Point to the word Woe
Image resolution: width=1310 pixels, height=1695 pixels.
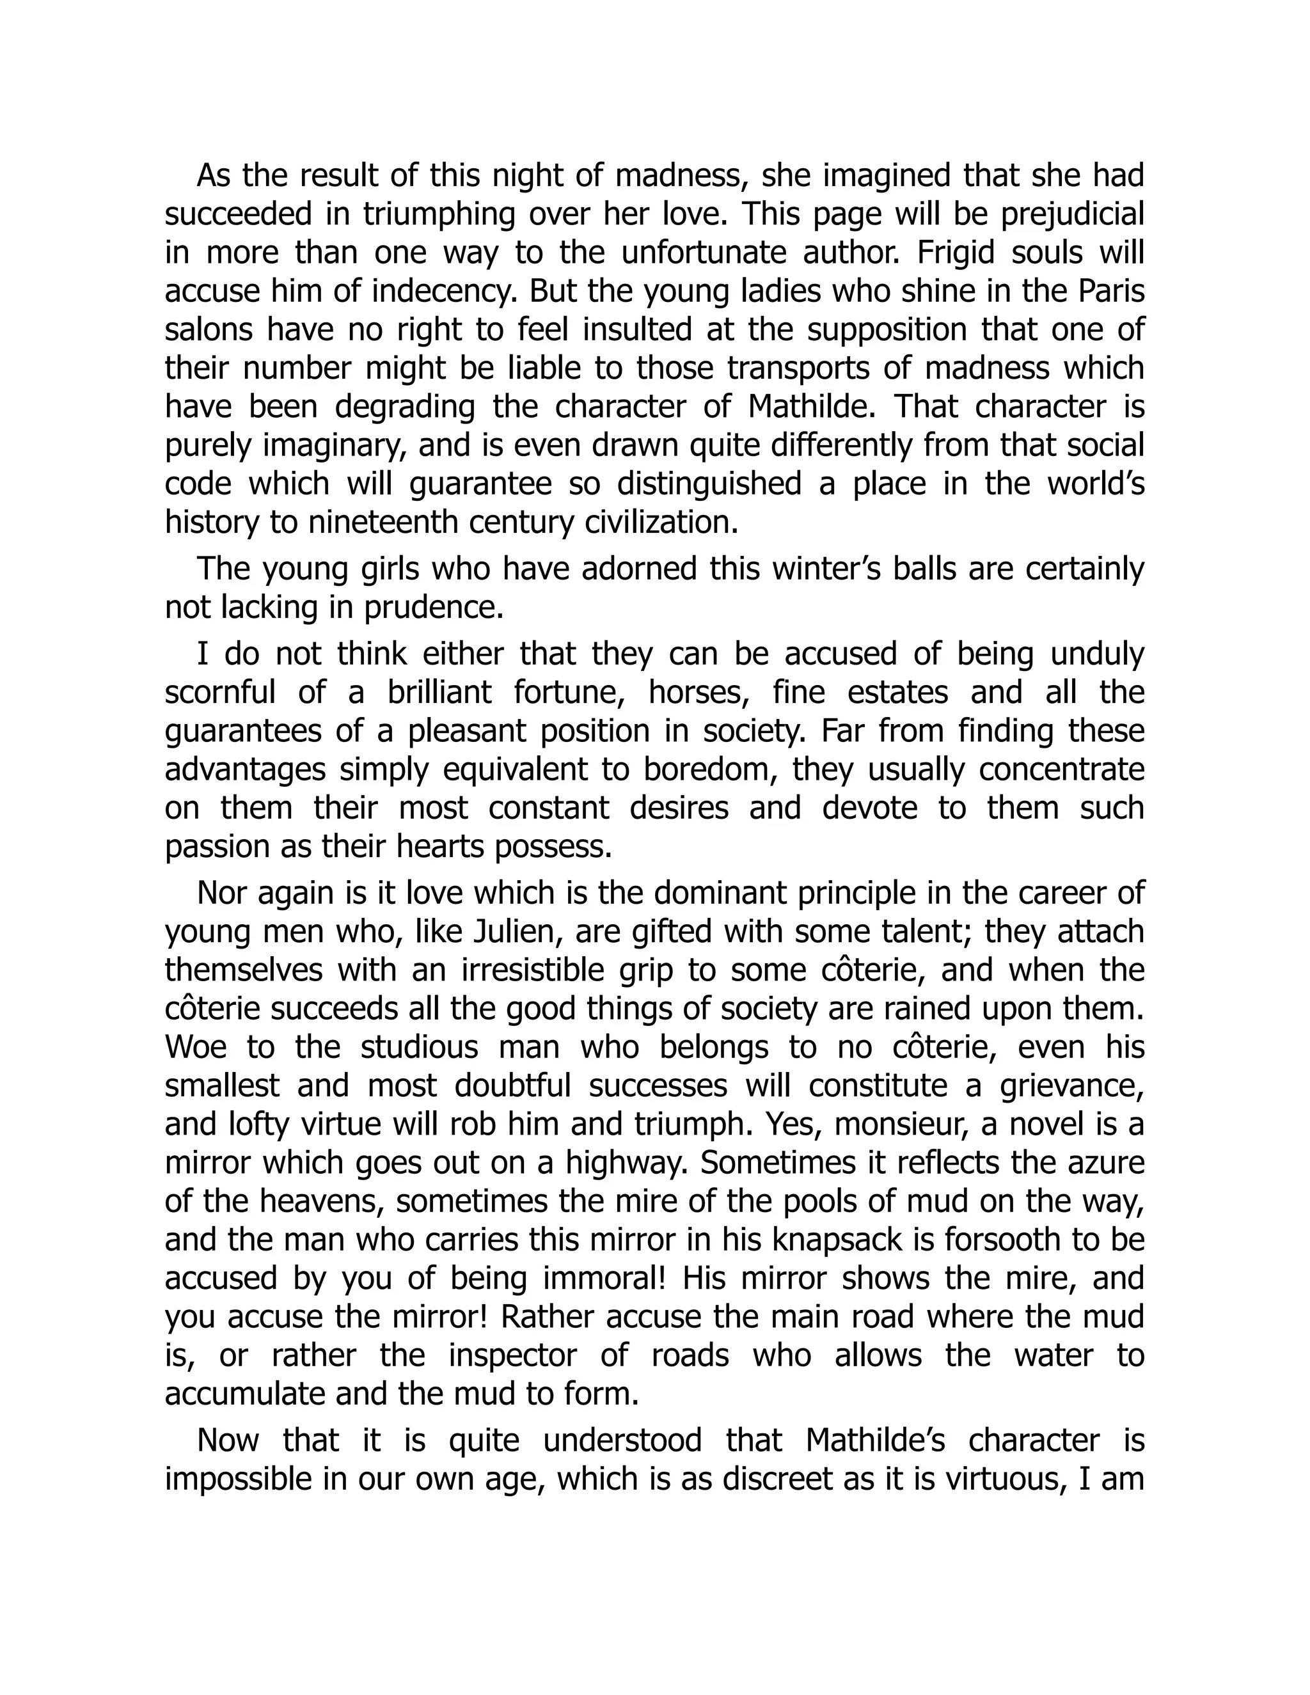click(196, 1047)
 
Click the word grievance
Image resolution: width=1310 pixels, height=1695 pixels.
click(1072, 1085)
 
